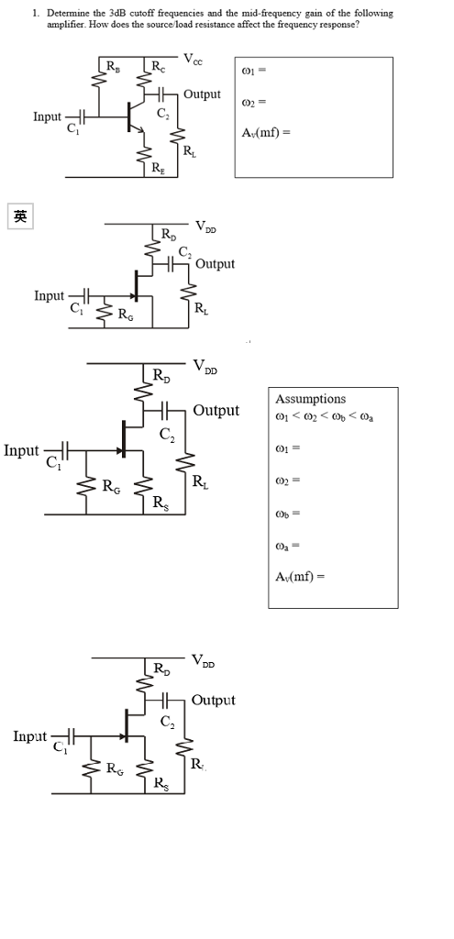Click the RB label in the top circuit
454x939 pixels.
coord(113,66)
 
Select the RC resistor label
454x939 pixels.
coord(159,66)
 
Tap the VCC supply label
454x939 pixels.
coord(193,60)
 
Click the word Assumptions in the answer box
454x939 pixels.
coord(311,399)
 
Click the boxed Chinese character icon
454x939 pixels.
coord(19,216)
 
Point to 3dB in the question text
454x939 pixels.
coord(120,14)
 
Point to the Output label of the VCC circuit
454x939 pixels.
coord(202,94)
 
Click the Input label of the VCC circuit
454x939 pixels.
coord(48,117)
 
